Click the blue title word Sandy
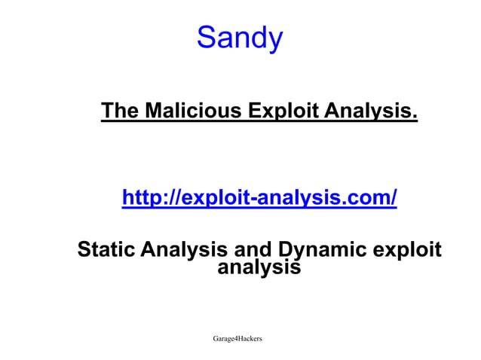point(240,37)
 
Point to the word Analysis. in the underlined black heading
point(370,111)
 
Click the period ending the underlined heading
point(415,117)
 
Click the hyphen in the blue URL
point(255,200)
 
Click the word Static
point(107,249)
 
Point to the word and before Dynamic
point(255,249)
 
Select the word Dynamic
point(324,249)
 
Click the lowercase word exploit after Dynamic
point(408,249)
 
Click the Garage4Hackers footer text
point(237,340)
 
